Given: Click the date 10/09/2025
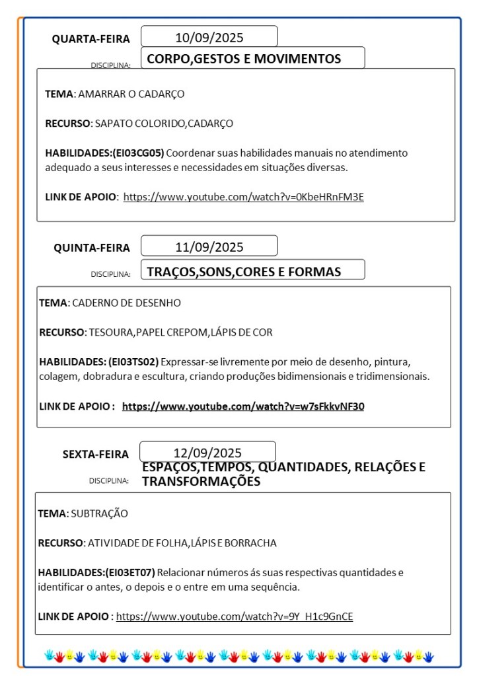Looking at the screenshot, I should (x=209, y=37).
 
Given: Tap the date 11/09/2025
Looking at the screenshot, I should (x=209, y=247).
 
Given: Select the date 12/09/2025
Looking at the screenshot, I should (x=207, y=453).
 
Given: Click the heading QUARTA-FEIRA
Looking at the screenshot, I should (x=91, y=39).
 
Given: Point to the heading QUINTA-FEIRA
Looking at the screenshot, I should (x=92, y=248).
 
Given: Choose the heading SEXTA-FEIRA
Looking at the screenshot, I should (x=96, y=454).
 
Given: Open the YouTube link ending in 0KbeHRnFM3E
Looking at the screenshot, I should (x=243, y=196).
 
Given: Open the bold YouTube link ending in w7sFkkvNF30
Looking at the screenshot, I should (x=242, y=406).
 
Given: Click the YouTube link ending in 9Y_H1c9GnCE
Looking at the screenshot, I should (x=235, y=617).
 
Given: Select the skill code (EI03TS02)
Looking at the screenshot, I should (x=129, y=361).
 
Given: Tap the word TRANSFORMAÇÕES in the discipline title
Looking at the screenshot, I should (x=201, y=482).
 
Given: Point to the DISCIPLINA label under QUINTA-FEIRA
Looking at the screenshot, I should (x=110, y=274).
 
